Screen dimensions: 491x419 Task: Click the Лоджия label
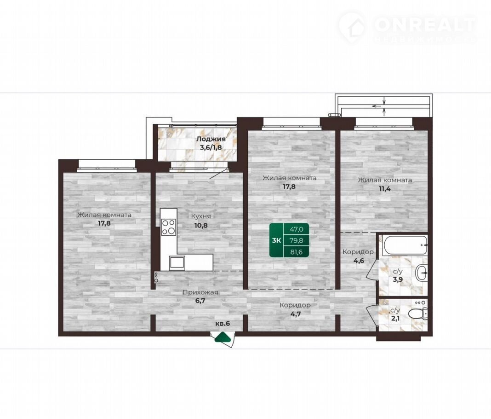point(211,139)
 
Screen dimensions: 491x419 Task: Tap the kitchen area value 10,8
point(201,225)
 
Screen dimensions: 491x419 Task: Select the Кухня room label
point(201,216)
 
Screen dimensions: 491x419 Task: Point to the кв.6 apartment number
point(223,323)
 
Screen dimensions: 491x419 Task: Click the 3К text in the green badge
point(276,240)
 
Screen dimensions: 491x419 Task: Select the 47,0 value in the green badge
point(296,229)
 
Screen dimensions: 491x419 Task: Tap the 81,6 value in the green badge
point(296,251)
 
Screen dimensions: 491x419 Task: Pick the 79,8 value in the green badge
point(296,240)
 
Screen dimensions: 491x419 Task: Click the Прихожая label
point(200,293)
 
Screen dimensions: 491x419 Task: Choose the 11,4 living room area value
point(384,189)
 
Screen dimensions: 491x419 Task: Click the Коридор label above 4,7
point(295,305)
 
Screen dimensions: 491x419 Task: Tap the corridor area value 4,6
point(358,261)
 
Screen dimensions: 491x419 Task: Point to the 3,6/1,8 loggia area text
point(211,147)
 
